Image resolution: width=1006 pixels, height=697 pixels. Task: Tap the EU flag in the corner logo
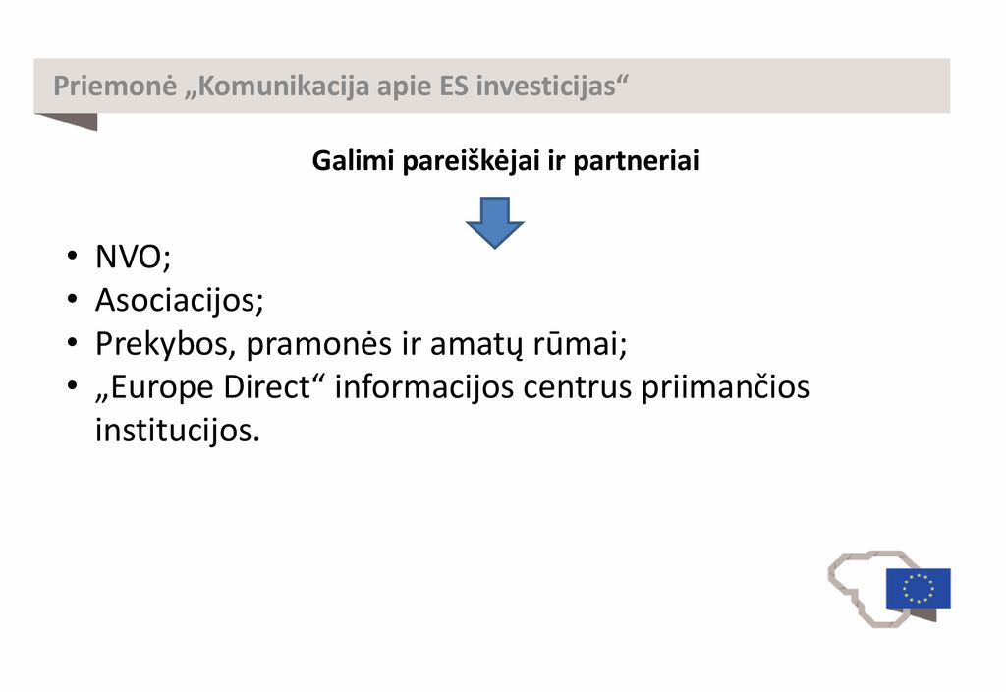coord(919,588)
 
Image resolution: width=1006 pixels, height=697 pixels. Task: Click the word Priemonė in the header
coord(115,86)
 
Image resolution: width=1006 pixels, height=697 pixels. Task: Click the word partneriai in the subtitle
coord(636,161)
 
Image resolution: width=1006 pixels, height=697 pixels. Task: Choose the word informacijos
coord(424,387)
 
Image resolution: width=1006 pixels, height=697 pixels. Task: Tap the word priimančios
coord(725,387)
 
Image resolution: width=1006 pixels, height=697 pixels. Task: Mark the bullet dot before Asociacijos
coord(72,299)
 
